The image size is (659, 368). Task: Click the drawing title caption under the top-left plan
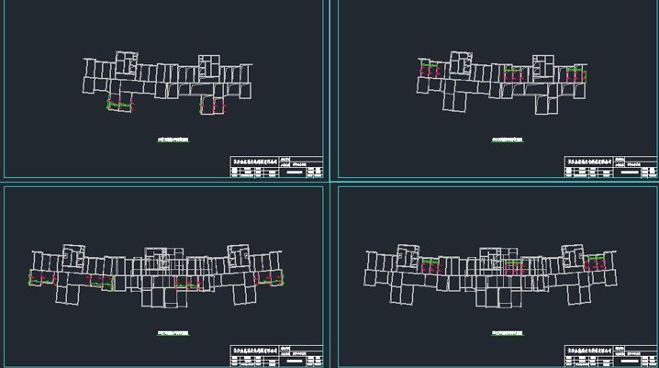coord(173,139)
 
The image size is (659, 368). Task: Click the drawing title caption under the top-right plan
coord(507,139)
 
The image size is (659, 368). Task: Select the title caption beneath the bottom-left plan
coord(173,332)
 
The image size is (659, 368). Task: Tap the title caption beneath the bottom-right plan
coord(507,332)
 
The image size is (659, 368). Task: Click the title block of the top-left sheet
coord(276,166)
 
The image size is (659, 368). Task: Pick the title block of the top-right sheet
coord(610,166)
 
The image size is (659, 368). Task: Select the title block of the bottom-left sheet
coord(276,356)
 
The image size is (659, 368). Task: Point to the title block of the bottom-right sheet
coord(610,356)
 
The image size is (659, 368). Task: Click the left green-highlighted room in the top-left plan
coord(120,105)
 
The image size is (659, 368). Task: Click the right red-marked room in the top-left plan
coord(213,106)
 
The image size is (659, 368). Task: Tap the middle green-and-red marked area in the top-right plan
coord(515,72)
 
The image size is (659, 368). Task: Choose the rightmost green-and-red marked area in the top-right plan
coord(576,72)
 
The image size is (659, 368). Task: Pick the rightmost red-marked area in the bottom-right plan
coord(597,264)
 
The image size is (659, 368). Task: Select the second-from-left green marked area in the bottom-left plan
coord(100,284)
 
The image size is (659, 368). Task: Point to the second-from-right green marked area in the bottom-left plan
coord(188,284)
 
